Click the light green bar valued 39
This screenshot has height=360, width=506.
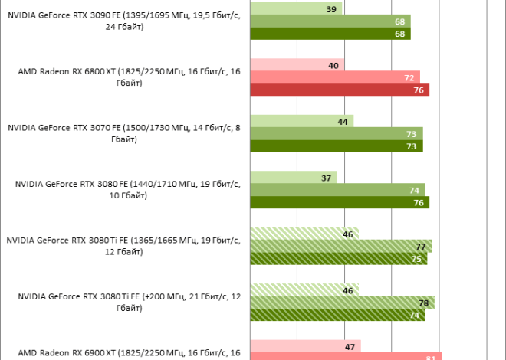tap(295, 9)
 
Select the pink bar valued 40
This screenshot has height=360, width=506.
tap(297, 66)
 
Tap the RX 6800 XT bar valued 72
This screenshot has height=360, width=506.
tap(334, 77)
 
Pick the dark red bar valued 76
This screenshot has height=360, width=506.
tap(339, 90)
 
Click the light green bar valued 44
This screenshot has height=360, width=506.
tap(301, 121)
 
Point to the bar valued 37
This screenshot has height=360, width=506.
tap(293, 178)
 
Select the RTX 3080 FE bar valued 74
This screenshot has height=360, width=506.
tap(337, 190)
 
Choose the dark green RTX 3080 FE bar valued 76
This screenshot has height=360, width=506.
tap(339, 202)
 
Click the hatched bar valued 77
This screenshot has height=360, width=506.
tap(340, 246)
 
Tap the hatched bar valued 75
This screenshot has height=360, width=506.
tap(338, 258)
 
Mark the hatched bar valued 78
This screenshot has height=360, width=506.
tap(342, 303)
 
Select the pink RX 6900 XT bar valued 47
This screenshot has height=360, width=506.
tap(304, 346)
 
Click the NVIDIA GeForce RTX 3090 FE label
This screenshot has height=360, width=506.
tap(127, 21)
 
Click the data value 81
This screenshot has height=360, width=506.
tap(429, 357)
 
